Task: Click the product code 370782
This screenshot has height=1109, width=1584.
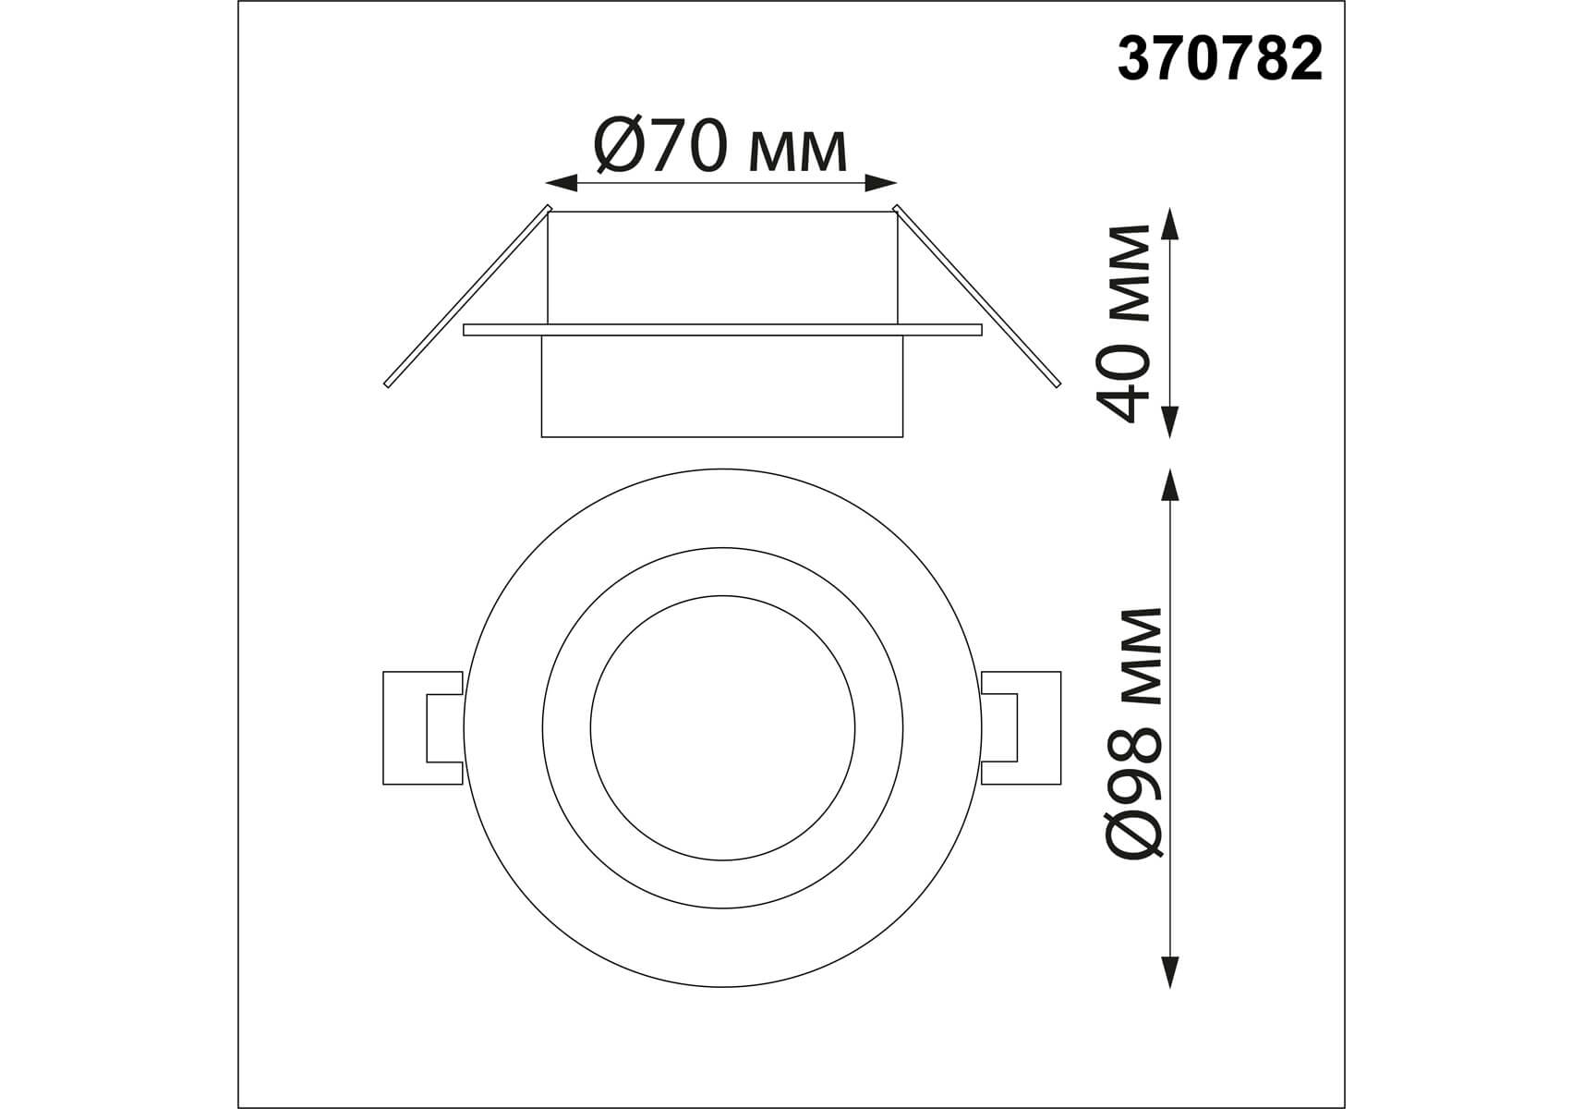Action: (1220, 61)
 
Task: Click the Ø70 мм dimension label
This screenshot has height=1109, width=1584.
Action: (720, 146)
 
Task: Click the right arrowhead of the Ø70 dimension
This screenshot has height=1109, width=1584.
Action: (881, 184)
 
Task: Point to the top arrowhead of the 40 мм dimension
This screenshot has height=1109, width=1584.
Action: (1171, 224)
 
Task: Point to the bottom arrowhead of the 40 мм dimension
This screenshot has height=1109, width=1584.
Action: (1171, 420)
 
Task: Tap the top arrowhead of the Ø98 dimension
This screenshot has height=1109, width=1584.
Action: (1171, 486)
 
